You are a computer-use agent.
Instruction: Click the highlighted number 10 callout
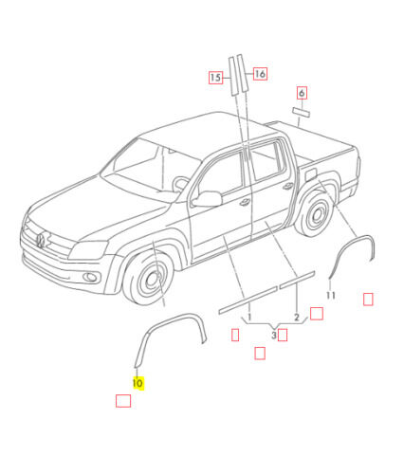coord(138,383)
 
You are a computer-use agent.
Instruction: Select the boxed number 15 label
coord(215,78)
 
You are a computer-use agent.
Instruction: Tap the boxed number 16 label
coord(260,74)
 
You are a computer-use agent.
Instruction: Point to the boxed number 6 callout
coord(302,93)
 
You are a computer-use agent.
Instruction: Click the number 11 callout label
coord(331,295)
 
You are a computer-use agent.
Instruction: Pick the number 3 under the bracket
coord(274,335)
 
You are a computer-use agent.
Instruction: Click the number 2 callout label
coord(297,318)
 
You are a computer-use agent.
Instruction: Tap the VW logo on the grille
coord(42,239)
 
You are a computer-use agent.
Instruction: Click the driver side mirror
coord(207,199)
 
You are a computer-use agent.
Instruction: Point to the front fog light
coord(91,277)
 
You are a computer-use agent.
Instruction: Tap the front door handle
coord(245,202)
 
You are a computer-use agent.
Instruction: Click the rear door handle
coord(287,187)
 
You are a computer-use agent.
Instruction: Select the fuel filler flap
coord(311,173)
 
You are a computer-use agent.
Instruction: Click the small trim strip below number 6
coord(301,112)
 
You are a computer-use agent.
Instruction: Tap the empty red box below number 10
coord(123,401)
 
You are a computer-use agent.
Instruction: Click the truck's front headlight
coord(88,249)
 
